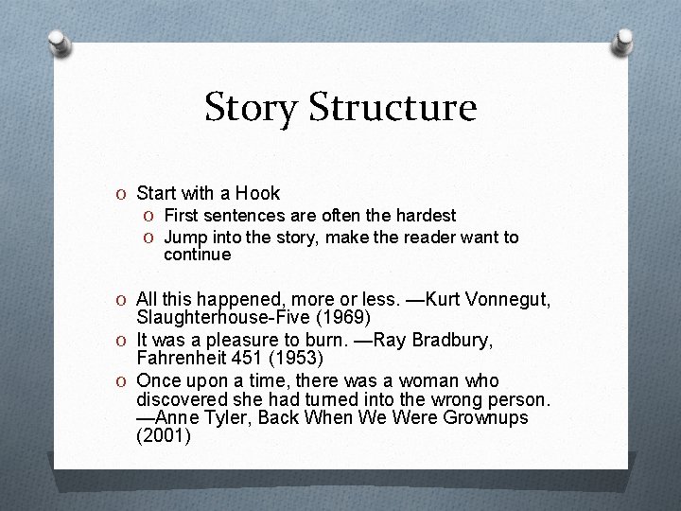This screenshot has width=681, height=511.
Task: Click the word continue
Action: (197, 255)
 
